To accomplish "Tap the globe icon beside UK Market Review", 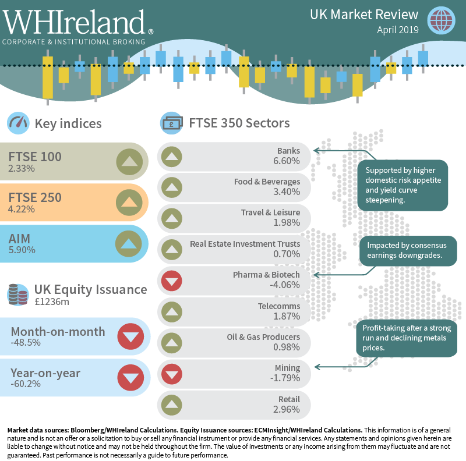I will point(441,20).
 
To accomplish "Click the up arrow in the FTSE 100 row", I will point(128,161).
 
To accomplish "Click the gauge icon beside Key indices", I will point(18,123).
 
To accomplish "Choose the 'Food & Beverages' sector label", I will point(267,181).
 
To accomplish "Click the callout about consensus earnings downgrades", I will point(407,250).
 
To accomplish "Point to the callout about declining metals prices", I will point(407,337).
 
